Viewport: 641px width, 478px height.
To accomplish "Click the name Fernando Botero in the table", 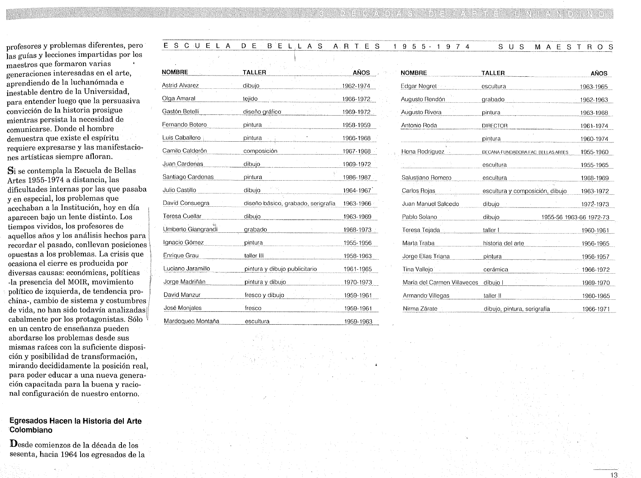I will click(184, 125).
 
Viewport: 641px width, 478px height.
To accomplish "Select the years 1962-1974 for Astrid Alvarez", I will click(356, 86).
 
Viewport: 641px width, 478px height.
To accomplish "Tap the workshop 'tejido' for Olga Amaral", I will click(250, 99).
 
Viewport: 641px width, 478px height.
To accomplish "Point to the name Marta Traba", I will click(418, 243).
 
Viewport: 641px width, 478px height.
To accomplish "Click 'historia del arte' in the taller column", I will click(503, 243).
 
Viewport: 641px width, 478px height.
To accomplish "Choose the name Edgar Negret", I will click(418, 86).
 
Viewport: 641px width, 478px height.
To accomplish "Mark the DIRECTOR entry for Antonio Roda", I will click(495, 126).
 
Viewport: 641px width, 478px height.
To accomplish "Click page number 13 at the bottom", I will click(614, 474).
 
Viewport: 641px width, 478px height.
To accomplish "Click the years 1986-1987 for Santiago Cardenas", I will click(357, 177).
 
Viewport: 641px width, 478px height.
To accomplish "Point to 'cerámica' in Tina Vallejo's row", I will click(496, 269).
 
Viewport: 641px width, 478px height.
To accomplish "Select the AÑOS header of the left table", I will click(361, 73).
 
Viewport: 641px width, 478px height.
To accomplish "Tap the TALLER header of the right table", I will click(493, 73).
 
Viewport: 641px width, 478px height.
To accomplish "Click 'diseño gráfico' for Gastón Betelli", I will click(262, 112).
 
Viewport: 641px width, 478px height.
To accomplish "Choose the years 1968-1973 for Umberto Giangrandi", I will click(357, 230).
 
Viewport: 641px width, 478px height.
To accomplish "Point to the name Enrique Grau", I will click(181, 256).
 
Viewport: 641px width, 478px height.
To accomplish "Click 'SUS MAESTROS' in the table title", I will click(555, 47).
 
